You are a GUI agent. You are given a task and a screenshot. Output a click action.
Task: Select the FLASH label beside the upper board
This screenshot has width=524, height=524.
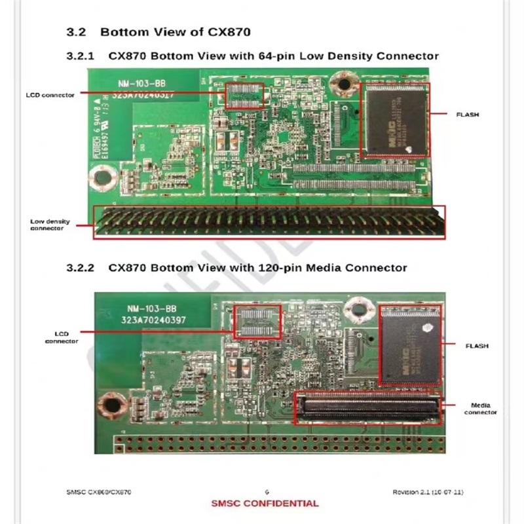point(468,115)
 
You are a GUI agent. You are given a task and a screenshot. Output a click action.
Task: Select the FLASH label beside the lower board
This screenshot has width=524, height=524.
point(476,345)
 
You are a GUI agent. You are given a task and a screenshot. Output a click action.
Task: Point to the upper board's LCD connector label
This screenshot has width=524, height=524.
point(50,95)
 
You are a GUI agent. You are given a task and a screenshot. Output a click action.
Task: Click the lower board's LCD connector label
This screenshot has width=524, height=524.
point(62,337)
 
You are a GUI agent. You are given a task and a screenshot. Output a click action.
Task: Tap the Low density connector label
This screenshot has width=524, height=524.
point(50,225)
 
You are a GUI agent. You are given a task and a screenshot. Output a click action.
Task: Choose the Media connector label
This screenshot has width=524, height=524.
point(480,409)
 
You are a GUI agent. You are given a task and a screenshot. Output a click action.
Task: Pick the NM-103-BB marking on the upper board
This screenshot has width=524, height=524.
point(136,83)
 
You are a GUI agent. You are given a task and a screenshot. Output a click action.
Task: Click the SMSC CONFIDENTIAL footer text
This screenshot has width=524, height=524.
point(265,504)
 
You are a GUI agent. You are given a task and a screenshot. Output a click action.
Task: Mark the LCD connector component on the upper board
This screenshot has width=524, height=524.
point(244,96)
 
